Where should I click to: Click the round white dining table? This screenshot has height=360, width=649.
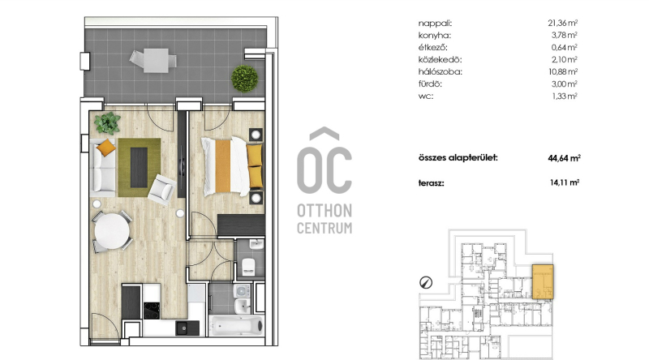tap(112, 231)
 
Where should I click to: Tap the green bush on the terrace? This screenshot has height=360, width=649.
tap(245, 78)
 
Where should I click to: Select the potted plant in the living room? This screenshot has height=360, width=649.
tap(107, 123)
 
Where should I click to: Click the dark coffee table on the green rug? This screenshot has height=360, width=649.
tap(139, 167)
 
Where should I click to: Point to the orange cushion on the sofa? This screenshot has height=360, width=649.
tap(106, 148)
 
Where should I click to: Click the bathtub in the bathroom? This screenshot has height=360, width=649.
tap(236, 325)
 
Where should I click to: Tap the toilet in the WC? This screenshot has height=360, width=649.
tap(248, 267)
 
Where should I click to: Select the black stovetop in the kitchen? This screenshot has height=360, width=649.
tap(152, 311)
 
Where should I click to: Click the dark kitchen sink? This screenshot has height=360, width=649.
tap(187, 328)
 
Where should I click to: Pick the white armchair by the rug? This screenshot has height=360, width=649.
tap(161, 190)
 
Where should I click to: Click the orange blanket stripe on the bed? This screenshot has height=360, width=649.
tap(223, 166)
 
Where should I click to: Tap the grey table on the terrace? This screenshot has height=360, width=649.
tap(156, 61)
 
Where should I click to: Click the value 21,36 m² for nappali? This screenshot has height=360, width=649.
tap(562, 24)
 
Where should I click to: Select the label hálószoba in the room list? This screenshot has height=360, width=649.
tap(440, 71)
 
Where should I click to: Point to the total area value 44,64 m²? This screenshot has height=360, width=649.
tap(564, 158)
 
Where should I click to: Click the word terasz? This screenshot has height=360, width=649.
tap(431, 183)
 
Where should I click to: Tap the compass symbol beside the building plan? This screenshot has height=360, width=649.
tap(426, 283)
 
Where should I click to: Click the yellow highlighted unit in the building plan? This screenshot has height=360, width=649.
tap(543, 282)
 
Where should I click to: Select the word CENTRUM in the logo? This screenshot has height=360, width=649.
tap(324, 228)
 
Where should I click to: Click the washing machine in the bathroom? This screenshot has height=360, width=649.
tap(242, 291)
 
